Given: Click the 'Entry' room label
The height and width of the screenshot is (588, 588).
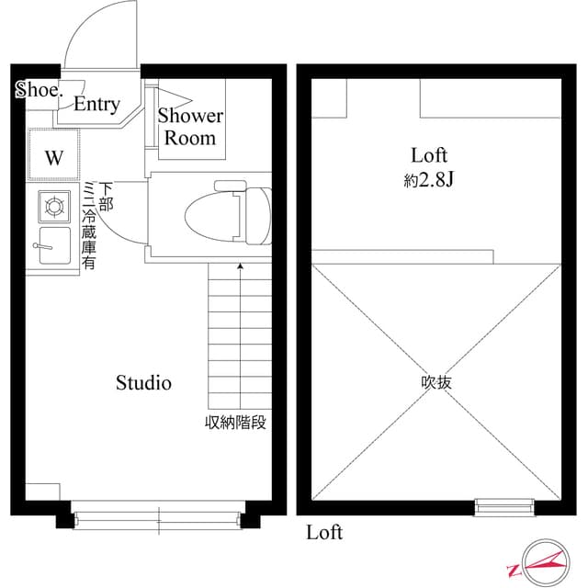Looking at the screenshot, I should pyautogui.click(x=96, y=105).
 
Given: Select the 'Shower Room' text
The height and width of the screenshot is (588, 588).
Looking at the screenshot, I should pyautogui.click(x=190, y=127).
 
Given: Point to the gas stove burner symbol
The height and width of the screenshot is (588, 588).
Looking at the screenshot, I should pyautogui.click(x=54, y=207).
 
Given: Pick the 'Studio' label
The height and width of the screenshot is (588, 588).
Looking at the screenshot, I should pyautogui.click(x=143, y=383).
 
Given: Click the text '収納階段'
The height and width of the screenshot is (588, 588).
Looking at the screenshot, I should pyautogui.click(x=235, y=424).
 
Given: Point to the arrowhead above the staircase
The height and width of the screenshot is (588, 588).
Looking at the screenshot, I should pyautogui.click(x=241, y=266).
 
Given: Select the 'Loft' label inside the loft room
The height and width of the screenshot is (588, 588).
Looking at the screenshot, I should pyautogui.click(x=429, y=155).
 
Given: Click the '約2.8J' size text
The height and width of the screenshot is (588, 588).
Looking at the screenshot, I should pyautogui.click(x=429, y=181).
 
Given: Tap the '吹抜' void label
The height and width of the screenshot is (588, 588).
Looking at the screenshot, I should pyautogui.click(x=436, y=382).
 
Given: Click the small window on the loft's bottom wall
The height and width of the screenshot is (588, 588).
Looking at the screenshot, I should pyautogui.click(x=503, y=504).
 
